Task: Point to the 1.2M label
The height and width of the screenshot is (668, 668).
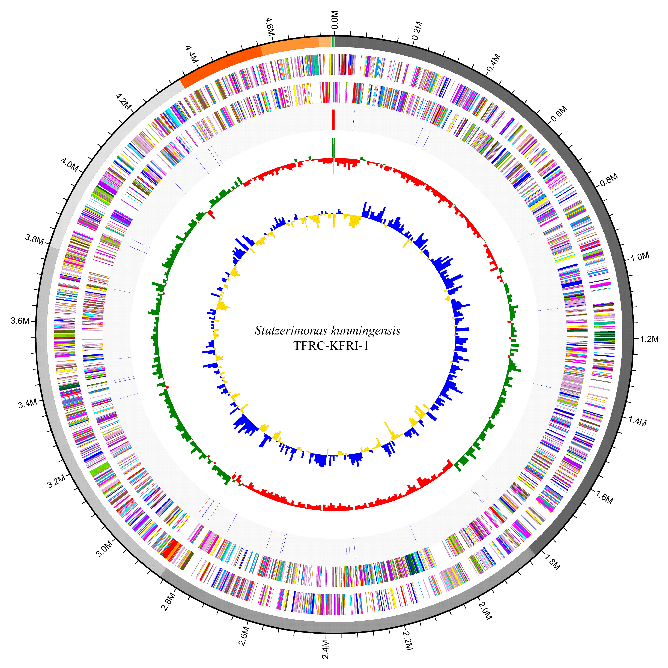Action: pyautogui.click(x=649, y=339)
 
